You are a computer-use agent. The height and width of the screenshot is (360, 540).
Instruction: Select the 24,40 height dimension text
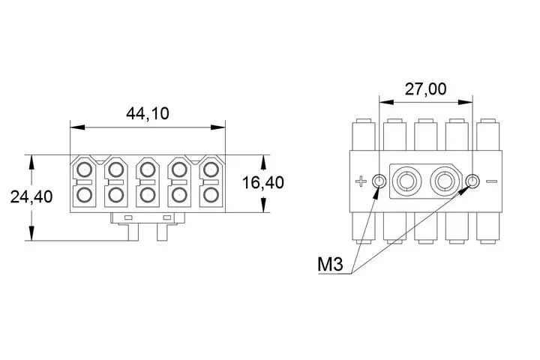coord(31,196)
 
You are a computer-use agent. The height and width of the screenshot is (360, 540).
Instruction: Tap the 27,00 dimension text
coord(425,88)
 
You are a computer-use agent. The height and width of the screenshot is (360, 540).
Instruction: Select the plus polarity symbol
coord(362,181)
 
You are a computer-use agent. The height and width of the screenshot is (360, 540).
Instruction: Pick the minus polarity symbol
coord(492,181)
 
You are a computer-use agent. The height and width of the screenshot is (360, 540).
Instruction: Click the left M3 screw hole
coord(379,181)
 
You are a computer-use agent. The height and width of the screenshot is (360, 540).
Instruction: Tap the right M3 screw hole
coord(472,181)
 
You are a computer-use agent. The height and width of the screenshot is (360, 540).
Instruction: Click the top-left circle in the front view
coord(83,168)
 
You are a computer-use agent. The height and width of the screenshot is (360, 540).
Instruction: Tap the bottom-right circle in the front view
coord(211,196)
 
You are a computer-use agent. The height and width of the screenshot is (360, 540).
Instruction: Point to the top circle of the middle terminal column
coord(147,168)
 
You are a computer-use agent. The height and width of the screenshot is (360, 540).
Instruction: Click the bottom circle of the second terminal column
coord(115,196)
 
